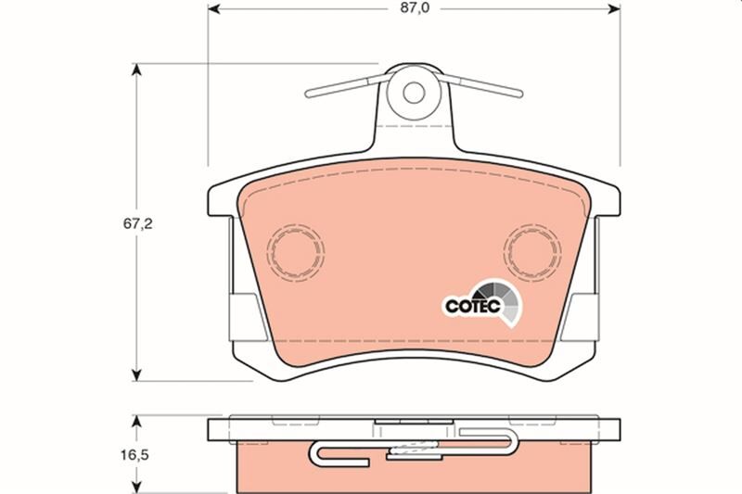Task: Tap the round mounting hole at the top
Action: [413, 93]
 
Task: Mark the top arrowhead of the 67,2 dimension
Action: [137, 70]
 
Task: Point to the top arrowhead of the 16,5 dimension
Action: [137, 423]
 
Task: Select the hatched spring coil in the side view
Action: [413, 452]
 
